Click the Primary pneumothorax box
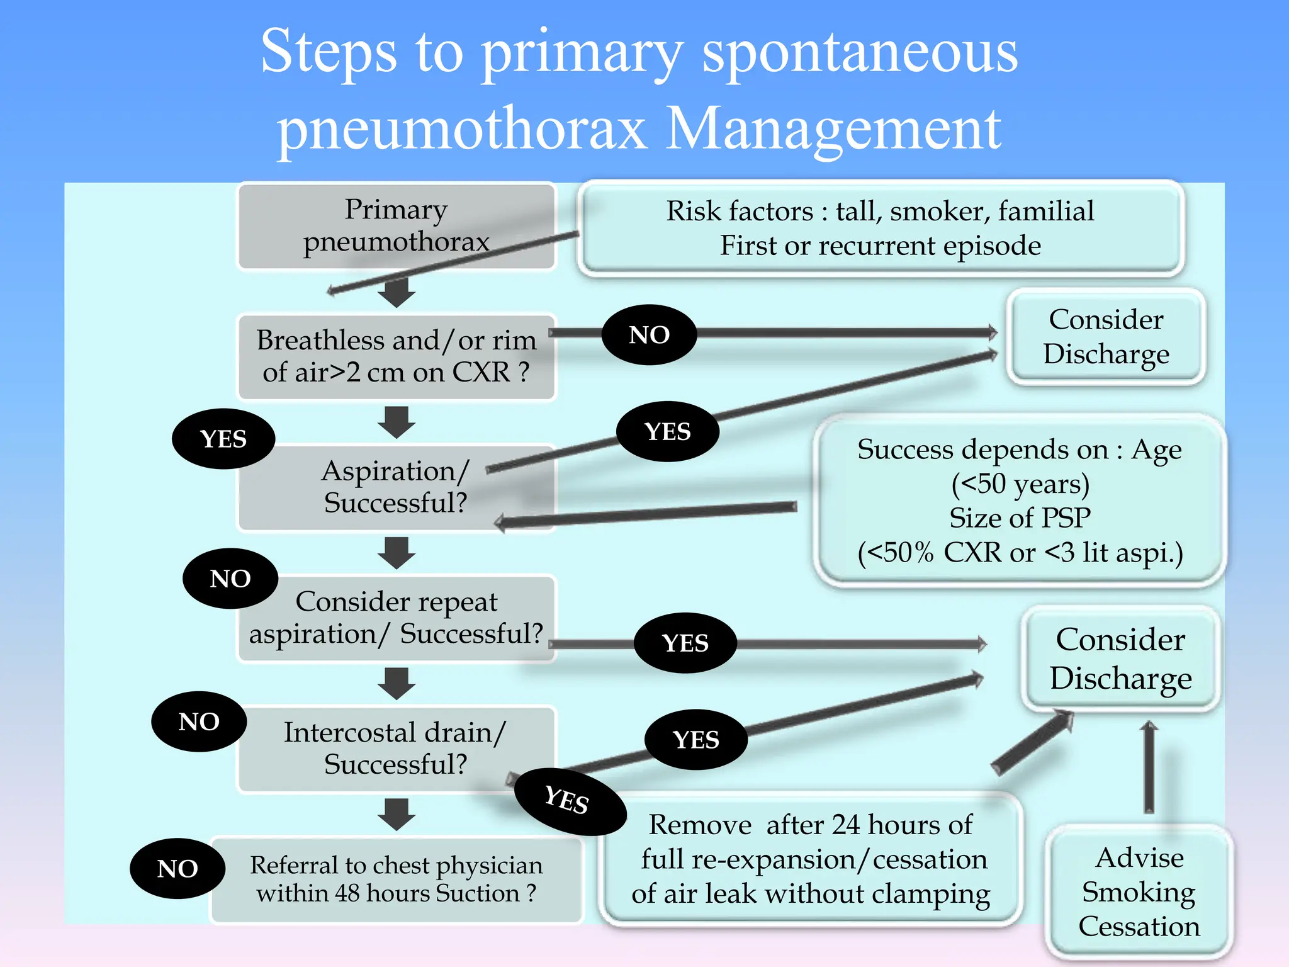tap(396, 226)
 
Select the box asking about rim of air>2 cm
tap(396, 356)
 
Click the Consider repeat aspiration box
tap(396, 618)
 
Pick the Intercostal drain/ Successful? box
tap(396, 748)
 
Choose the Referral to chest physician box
tap(396, 879)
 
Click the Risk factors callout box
tap(880, 228)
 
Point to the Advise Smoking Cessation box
tap(1139, 892)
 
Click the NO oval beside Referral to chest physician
tap(177, 868)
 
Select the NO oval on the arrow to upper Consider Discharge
tap(649, 335)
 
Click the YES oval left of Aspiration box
tap(223, 439)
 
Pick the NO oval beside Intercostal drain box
tap(199, 721)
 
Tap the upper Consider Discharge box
tap(1106, 337)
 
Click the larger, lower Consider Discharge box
tap(1120, 659)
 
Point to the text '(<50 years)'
tap(1020, 484)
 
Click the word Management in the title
tap(833, 129)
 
